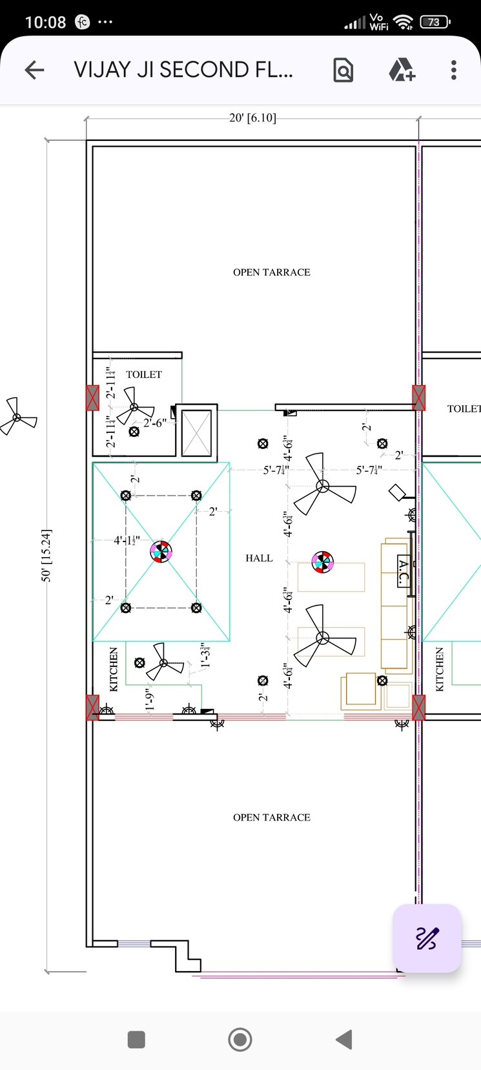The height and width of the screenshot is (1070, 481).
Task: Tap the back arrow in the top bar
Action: [x=34, y=70]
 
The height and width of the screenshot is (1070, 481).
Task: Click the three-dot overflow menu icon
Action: [x=454, y=70]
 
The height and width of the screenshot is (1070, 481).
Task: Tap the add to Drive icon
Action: [x=402, y=70]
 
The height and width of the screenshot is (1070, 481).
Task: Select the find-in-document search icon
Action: [x=343, y=70]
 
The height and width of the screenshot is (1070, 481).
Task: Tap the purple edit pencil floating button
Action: [x=427, y=938]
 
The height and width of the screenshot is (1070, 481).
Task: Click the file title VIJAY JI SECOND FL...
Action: [x=183, y=70]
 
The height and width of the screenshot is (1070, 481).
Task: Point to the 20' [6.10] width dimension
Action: [x=252, y=118]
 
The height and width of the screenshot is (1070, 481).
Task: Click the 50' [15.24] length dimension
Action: [x=46, y=556]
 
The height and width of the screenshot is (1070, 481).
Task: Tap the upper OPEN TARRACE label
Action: [x=271, y=273]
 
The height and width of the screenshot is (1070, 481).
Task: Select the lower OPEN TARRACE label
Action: [x=271, y=818]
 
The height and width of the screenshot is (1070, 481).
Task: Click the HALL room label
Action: [x=259, y=558]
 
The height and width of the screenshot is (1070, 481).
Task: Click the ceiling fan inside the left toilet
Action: [x=135, y=406]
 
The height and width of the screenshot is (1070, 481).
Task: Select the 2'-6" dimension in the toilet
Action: [x=154, y=423]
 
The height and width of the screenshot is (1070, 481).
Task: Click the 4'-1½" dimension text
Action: [x=127, y=540]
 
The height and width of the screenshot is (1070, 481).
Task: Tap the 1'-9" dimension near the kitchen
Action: [x=150, y=700]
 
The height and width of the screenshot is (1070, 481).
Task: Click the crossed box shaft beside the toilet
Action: [x=196, y=433]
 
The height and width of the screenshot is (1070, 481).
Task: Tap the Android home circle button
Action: [x=240, y=1040]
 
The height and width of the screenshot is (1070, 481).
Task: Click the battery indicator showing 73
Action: [x=435, y=22]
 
